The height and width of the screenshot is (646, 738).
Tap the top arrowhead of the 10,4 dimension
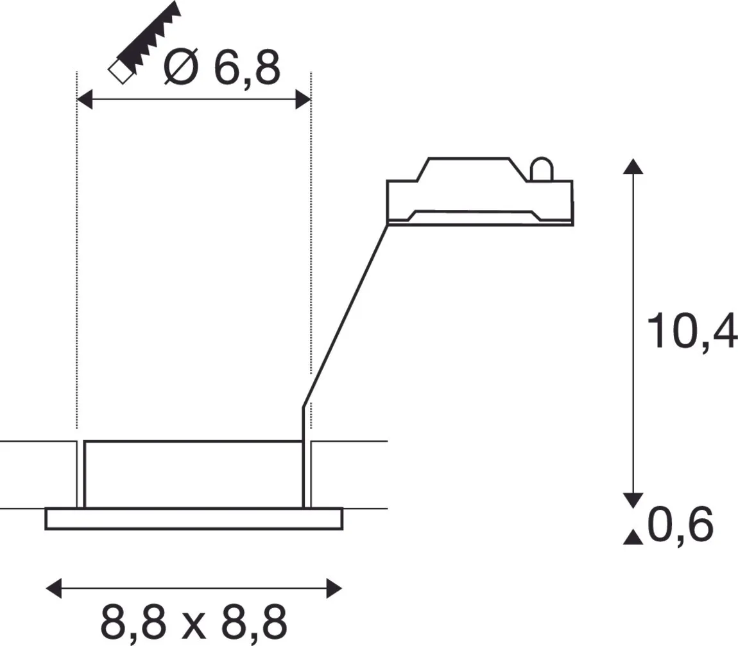(633, 166)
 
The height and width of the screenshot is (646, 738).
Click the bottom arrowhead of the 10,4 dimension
(633, 500)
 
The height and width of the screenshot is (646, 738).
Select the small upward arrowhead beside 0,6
(633, 537)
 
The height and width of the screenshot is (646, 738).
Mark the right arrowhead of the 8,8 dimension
(334, 588)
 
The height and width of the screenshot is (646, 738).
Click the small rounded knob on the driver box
(540, 169)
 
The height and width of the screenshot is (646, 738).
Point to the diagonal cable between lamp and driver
(347, 315)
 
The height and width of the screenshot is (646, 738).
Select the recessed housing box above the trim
(193, 474)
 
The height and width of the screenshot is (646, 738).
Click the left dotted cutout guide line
(77, 257)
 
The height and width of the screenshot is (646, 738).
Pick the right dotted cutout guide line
(311, 257)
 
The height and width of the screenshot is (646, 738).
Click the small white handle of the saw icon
(119, 71)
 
